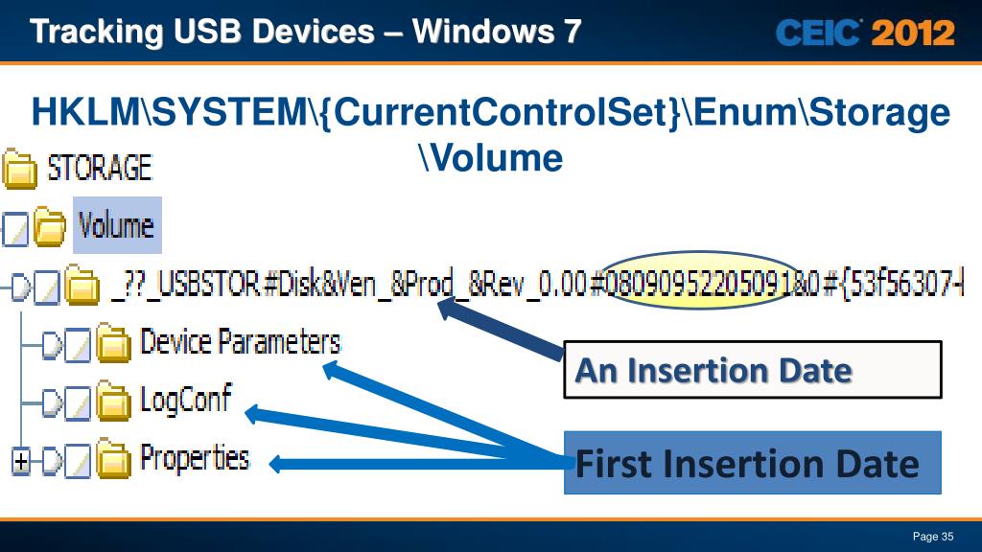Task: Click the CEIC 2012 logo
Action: (x=865, y=34)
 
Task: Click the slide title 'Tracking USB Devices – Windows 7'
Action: (x=305, y=33)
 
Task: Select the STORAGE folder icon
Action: (x=18, y=170)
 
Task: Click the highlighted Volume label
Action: (x=116, y=226)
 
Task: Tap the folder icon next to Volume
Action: (x=50, y=228)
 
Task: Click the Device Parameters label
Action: (x=240, y=341)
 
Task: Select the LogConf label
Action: (x=185, y=399)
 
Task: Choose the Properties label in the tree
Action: (x=195, y=458)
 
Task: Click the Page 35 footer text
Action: (x=932, y=536)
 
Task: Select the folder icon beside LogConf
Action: (x=115, y=402)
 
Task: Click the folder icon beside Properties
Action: (x=115, y=462)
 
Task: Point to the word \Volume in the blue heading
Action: (x=490, y=157)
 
